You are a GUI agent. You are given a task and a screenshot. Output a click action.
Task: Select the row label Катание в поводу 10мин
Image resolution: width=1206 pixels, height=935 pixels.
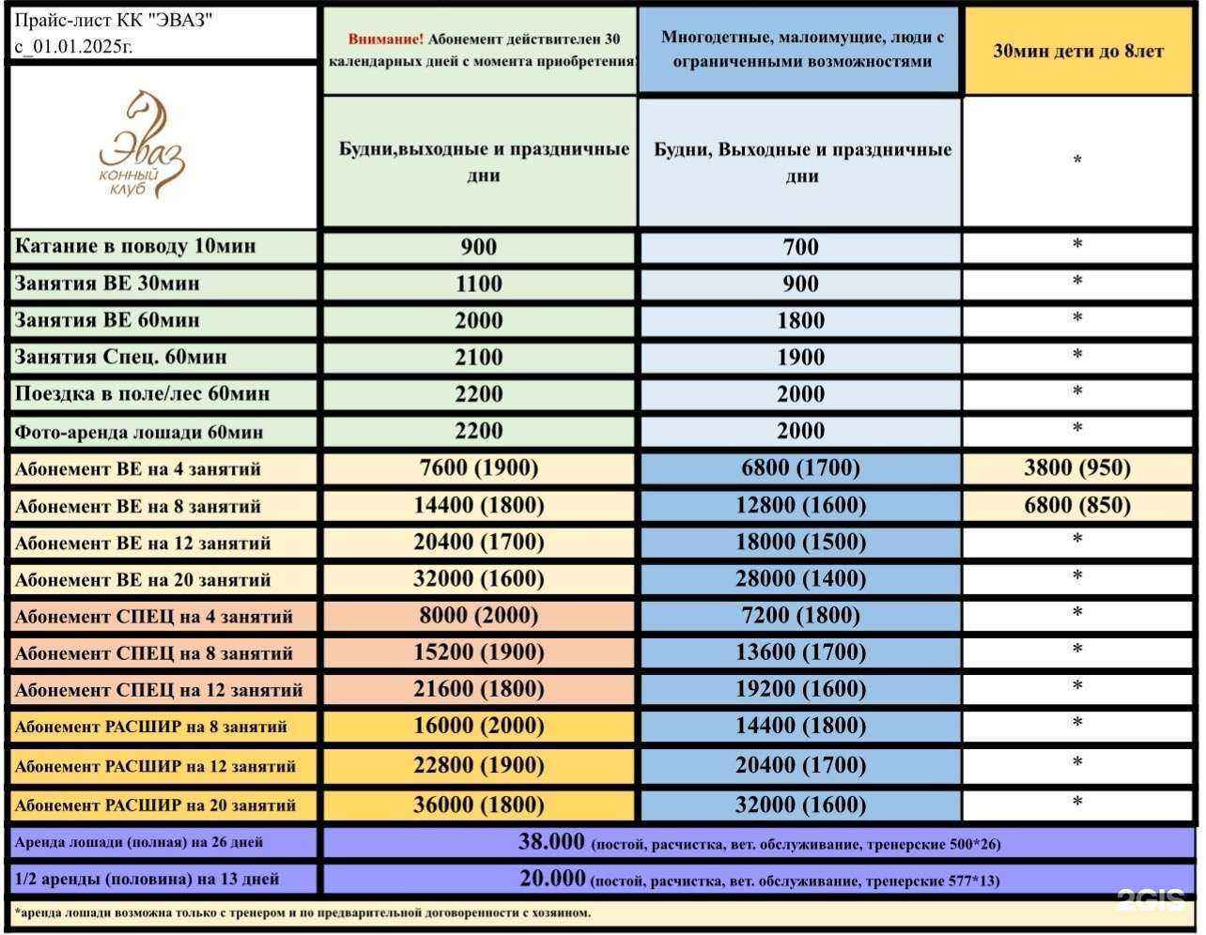(135, 247)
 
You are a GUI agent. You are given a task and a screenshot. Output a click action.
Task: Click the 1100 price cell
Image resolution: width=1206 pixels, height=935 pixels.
(479, 284)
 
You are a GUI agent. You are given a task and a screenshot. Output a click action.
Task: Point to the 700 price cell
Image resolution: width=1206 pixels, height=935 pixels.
(800, 247)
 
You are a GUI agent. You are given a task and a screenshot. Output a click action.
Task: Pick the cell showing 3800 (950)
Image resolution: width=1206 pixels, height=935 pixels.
(1077, 467)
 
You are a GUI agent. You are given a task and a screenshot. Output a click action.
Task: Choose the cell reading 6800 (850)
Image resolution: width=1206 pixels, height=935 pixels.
(1077, 505)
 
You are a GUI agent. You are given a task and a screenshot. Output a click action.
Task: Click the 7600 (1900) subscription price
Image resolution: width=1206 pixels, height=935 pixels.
(479, 467)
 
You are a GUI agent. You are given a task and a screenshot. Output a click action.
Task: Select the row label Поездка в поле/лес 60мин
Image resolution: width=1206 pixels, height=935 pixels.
(142, 394)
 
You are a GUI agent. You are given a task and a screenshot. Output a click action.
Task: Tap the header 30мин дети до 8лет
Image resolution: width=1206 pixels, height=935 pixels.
(1078, 52)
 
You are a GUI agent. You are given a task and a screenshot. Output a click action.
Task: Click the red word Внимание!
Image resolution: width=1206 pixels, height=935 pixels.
(385, 39)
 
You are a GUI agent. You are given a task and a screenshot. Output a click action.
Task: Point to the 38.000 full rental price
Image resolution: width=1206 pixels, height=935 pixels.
(552, 842)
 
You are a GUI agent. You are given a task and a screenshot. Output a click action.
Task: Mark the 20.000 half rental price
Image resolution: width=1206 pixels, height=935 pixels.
(552, 879)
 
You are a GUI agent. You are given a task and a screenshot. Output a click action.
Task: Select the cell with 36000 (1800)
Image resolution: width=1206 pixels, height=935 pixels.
(479, 805)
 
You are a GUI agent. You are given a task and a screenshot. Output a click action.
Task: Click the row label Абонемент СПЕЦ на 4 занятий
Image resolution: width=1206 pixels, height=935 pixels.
(154, 617)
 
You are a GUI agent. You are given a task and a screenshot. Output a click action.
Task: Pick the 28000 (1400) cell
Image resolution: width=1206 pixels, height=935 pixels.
(800, 578)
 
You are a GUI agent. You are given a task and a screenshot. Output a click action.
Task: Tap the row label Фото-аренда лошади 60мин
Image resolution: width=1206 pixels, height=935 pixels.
(139, 433)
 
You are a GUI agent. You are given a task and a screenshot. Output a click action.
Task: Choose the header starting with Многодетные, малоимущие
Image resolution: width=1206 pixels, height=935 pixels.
(801, 50)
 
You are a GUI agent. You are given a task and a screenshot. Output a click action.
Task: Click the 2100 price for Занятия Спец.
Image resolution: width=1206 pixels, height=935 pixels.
(479, 357)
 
